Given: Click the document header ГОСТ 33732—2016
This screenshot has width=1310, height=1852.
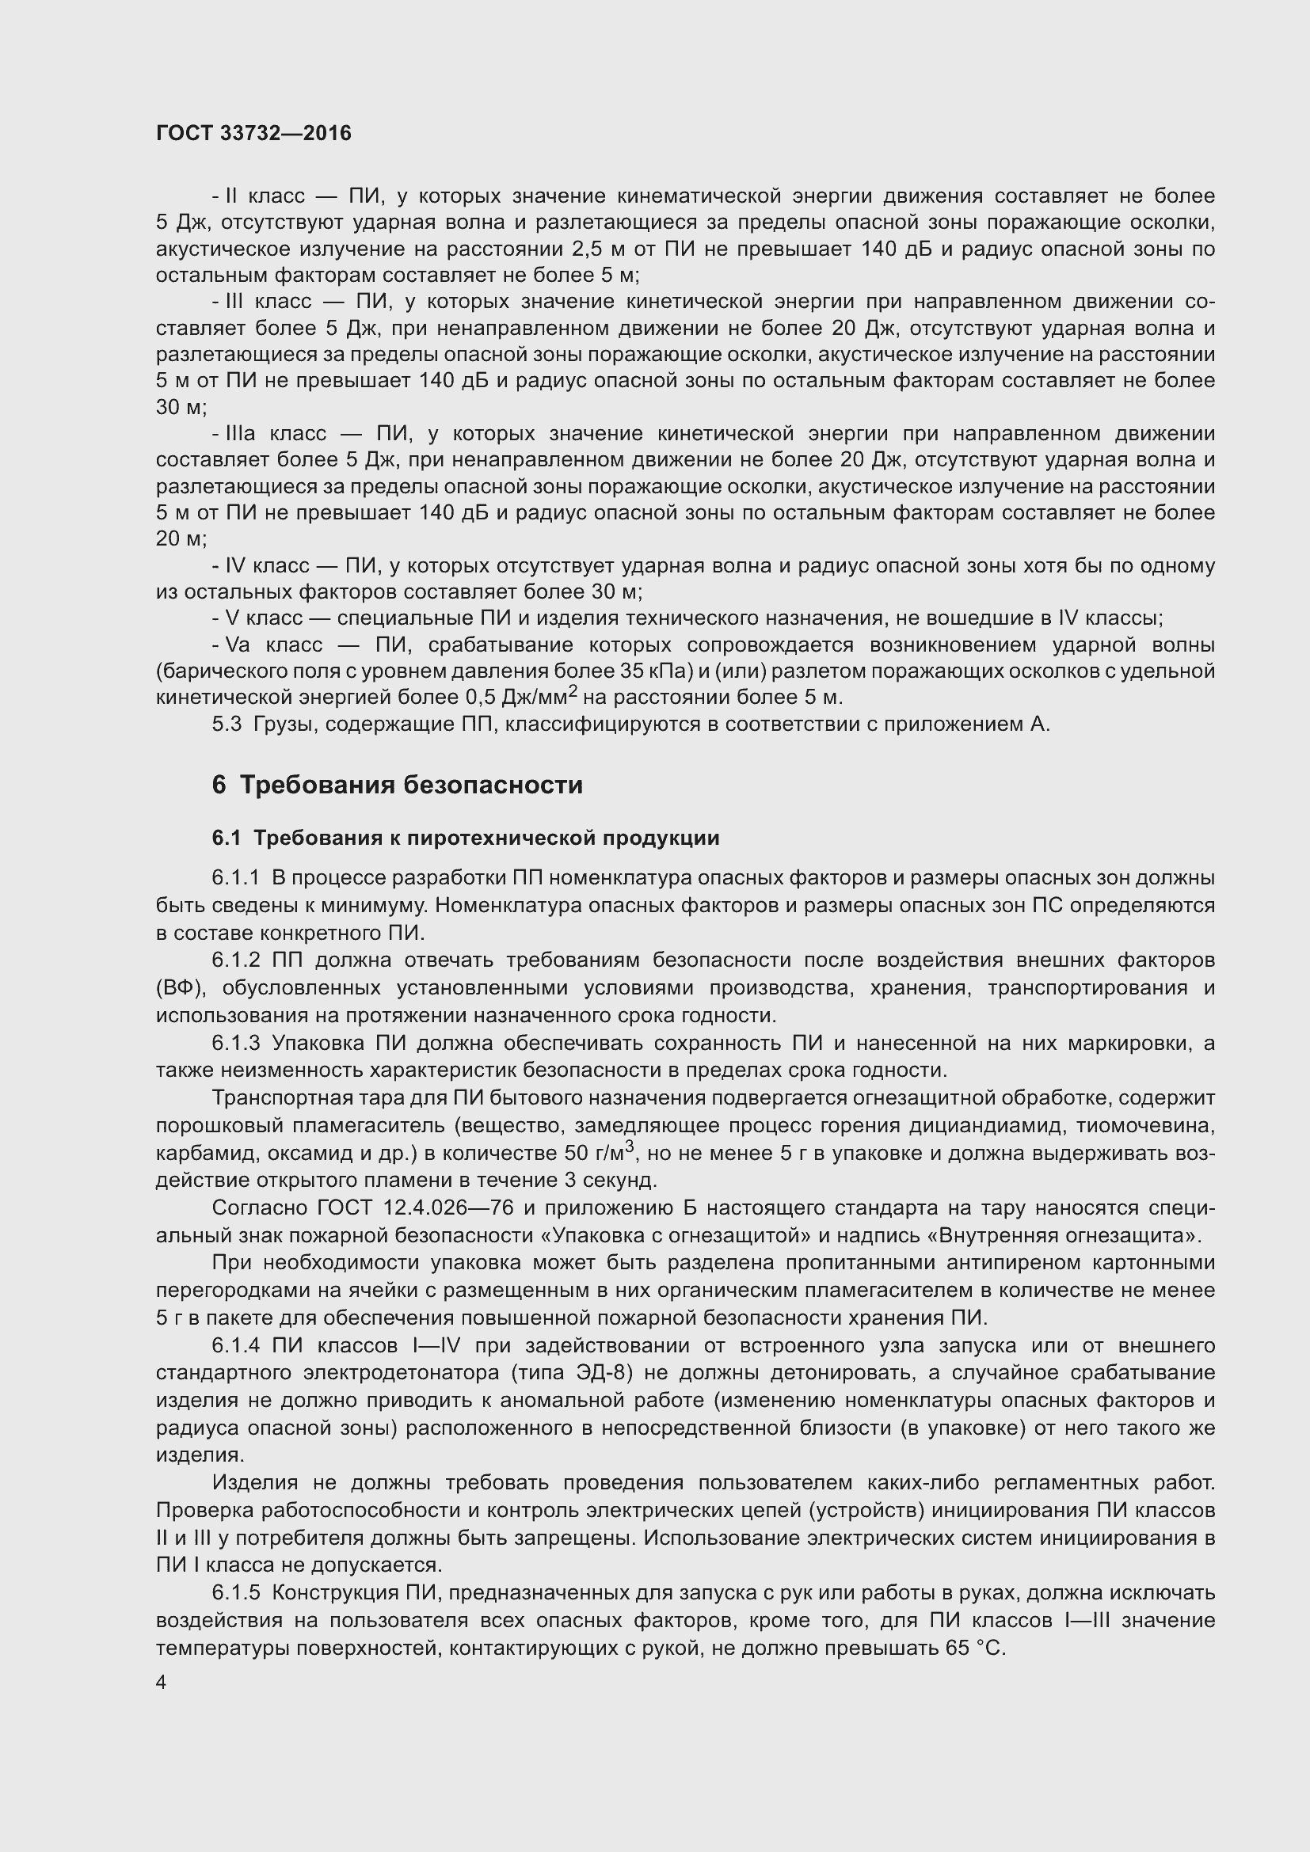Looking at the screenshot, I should pyautogui.click(x=253, y=133).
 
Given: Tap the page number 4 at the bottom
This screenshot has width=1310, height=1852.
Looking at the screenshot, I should pyautogui.click(x=162, y=1683).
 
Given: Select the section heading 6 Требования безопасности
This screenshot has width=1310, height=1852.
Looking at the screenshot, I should pyautogui.click(x=397, y=785).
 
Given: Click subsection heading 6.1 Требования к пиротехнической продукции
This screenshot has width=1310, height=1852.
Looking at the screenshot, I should pyautogui.click(x=466, y=838).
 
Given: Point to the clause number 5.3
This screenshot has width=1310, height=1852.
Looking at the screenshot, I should pyautogui.click(x=227, y=724).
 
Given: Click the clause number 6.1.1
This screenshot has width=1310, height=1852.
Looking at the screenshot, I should pyautogui.click(x=235, y=877).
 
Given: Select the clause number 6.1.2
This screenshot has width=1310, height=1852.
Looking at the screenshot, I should pyautogui.click(x=235, y=960).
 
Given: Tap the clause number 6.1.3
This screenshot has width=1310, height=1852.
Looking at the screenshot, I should pyautogui.click(x=235, y=1043).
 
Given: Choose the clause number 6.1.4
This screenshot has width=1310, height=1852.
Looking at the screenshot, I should pyautogui.click(x=235, y=1345).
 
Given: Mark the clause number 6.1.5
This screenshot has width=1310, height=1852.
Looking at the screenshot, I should pyautogui.click(x=235, y=1593).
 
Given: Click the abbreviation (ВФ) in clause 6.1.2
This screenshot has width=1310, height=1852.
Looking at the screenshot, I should pyautogui.click(x=176, y=988).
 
